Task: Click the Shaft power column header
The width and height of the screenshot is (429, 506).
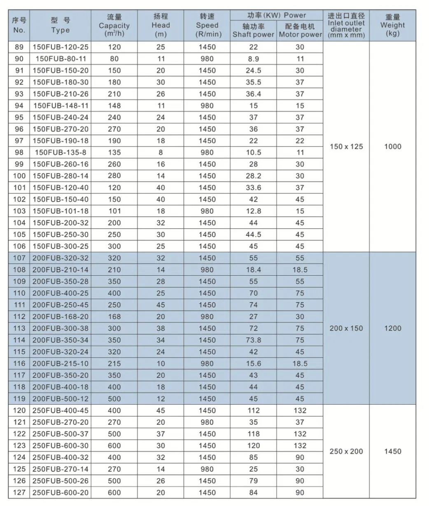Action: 253,30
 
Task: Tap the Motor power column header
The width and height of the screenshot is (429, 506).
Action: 300,30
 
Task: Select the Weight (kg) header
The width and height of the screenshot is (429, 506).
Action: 392,25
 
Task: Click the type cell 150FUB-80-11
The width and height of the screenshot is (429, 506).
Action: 61,59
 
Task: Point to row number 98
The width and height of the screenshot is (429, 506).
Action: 19,152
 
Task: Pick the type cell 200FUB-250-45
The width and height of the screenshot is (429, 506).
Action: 61,305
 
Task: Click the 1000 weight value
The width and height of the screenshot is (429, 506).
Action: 392,147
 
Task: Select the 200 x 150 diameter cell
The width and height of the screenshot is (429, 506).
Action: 346,328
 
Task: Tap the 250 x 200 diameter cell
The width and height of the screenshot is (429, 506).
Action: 346,452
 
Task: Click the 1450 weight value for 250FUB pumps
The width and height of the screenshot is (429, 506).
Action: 392,452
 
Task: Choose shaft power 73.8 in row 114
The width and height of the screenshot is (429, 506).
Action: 253,340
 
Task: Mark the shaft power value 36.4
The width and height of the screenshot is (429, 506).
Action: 253,94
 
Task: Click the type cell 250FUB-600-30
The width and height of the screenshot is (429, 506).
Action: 61,445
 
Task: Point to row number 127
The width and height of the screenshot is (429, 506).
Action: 19,492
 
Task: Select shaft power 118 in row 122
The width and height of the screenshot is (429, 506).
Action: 253,434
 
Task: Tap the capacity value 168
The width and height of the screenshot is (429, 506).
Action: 114,316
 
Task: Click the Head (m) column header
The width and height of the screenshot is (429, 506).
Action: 161,25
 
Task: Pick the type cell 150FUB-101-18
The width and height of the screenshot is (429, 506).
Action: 61,211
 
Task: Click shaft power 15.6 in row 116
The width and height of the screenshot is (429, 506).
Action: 253,363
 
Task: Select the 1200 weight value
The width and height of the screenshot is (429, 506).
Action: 392,328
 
